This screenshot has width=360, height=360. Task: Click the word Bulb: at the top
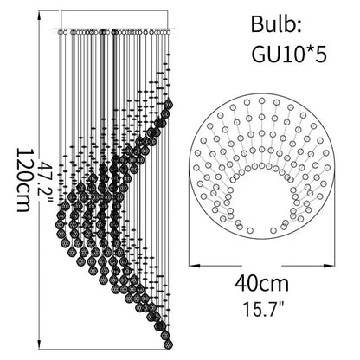click(x=276, y=24)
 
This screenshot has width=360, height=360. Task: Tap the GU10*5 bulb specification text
click(x=289, y=54)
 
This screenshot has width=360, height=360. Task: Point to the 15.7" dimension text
click(x=262, y=309)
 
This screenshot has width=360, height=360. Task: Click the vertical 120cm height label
click(x=23, y=180)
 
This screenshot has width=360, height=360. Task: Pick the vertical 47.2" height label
click(x=46, y=183)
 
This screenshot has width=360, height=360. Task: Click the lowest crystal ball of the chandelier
click(x=168, y=344)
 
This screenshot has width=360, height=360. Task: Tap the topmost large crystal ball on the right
click(x=168, y=104)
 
